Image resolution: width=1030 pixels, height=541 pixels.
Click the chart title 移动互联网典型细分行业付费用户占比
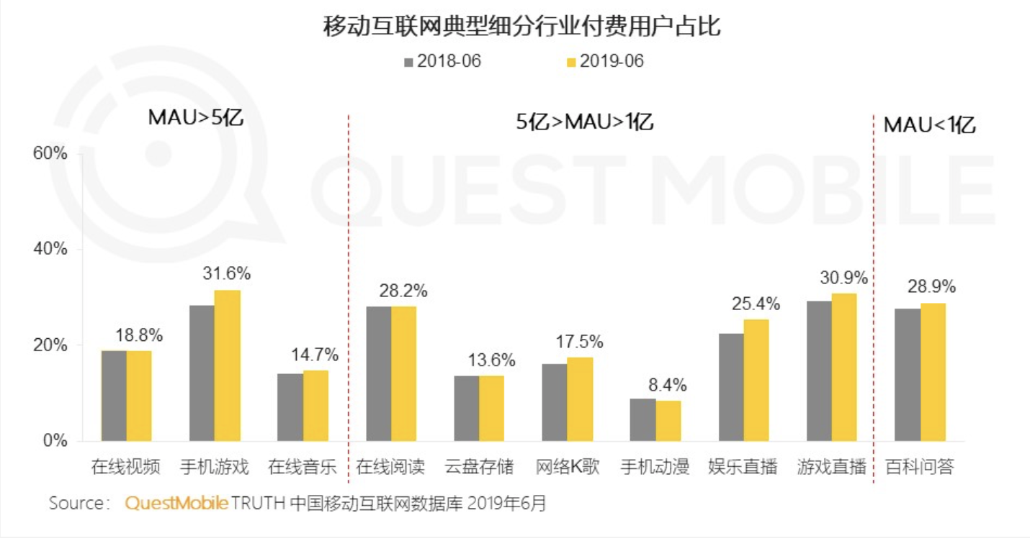pos(521,27)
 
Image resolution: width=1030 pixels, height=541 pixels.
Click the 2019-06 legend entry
pos(605,62)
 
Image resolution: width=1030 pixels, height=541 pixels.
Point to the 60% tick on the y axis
pos(50,153)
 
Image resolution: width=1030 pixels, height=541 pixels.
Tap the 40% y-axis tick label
pos(50,249)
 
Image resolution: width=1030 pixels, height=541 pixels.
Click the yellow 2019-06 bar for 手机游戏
pos(228,365)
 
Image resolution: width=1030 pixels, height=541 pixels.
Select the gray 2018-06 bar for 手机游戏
pos(202,373)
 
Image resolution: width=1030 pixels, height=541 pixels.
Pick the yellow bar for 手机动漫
pos(668,421)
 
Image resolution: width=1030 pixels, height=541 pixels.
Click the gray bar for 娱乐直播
pos(731,387)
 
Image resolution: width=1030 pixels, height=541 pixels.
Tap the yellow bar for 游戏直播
pos(844,367)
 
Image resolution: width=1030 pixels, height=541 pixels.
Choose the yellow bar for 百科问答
pos(933,372)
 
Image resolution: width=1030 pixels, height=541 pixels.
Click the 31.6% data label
pos(226,274)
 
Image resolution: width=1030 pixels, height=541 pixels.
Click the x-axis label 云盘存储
pos(479,467)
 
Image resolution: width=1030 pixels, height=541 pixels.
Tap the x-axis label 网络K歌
pos(567,467)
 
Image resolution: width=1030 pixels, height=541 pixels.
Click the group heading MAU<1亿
pos(929,125)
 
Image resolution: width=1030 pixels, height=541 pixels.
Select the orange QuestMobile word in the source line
pos(177,503)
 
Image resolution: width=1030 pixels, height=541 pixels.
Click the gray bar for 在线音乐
pos(290,406)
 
